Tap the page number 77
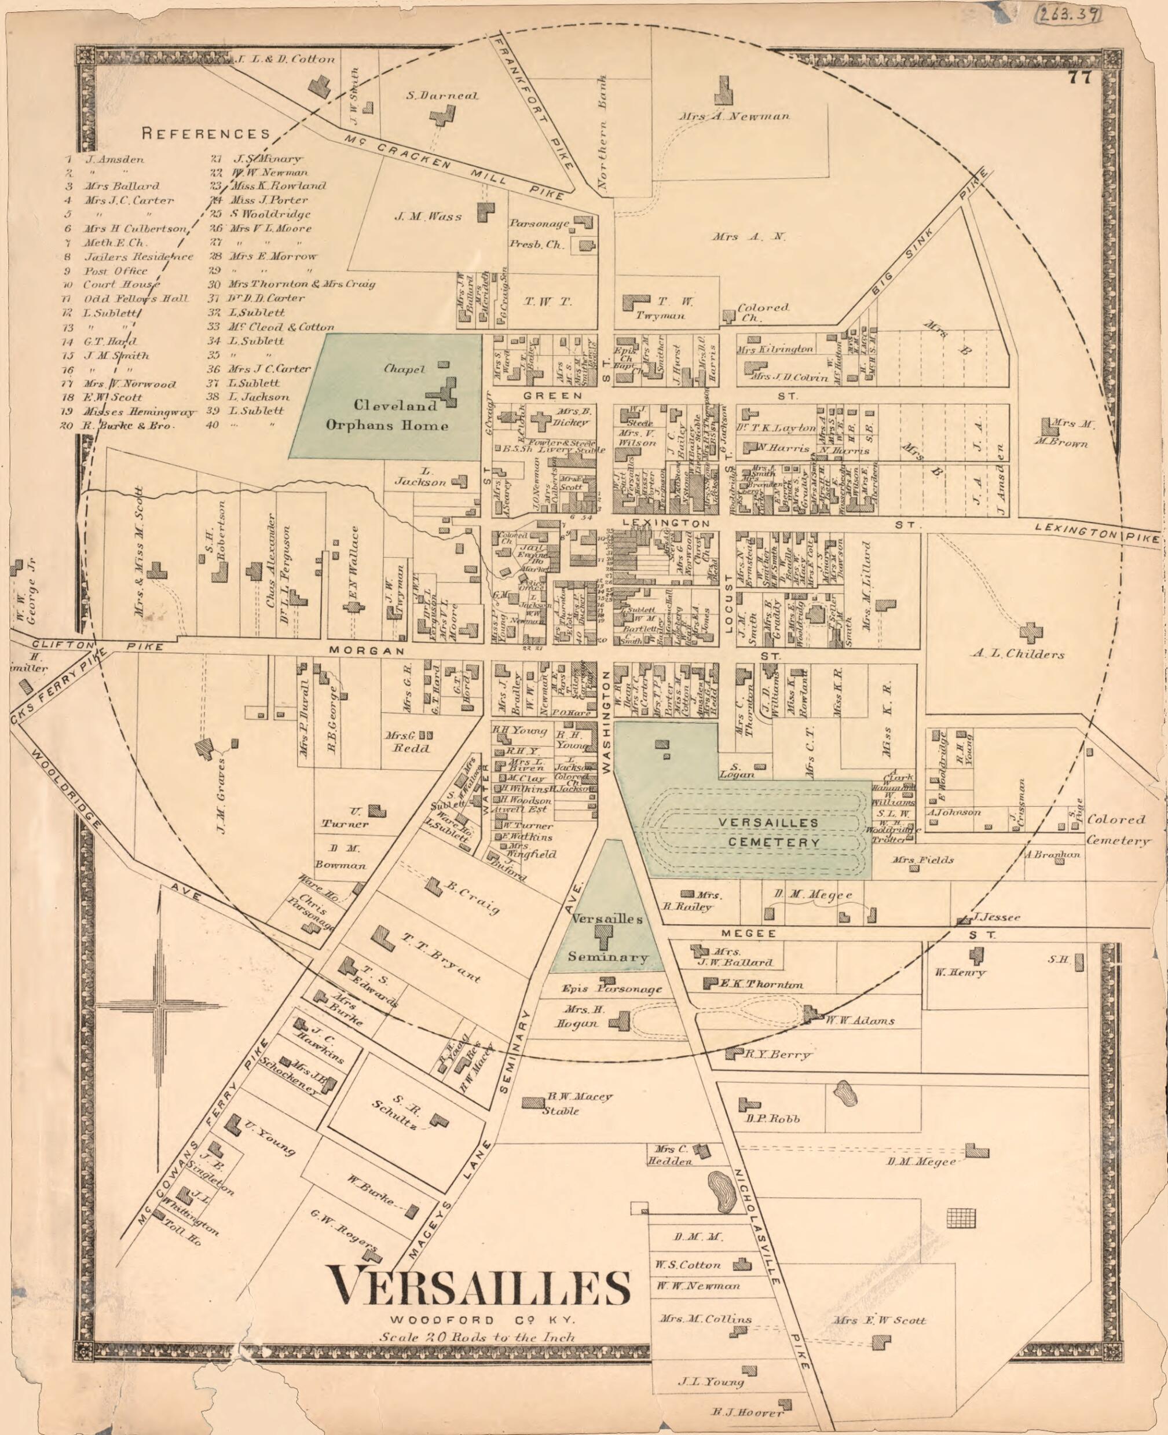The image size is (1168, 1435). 1078,78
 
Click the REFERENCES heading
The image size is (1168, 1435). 206,133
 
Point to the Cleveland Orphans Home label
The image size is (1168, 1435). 387,415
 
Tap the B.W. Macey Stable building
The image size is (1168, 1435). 534,1103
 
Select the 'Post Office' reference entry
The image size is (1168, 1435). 115,270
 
